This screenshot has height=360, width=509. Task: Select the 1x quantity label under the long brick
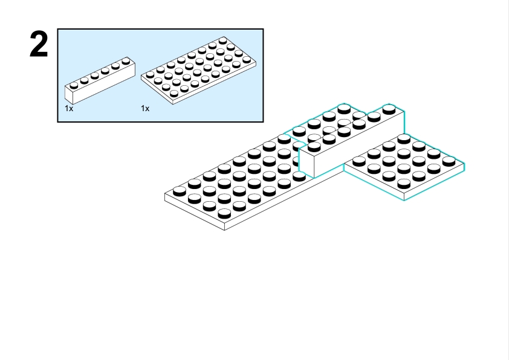[69, 108]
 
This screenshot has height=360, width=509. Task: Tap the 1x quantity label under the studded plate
[145, 108]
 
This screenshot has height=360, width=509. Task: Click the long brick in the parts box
[100, 81]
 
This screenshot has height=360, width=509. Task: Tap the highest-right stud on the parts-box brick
[126, 60]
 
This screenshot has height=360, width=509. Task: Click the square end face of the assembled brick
[307, 162]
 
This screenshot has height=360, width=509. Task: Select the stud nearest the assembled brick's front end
[314, 146]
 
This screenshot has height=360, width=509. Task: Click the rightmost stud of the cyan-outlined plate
[448, 161]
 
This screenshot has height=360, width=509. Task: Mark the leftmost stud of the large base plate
[180, 191]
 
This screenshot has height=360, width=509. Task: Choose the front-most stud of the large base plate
[224, 212]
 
